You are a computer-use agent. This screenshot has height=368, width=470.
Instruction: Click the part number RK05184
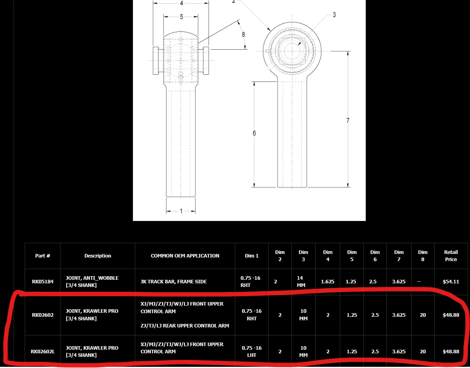pyautogui.click(x=43, y=281)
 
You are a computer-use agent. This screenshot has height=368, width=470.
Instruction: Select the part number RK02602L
pyautogui.click(x=43, y=352)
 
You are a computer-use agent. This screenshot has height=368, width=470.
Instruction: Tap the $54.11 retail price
pyautogui.click(x=451, y=281)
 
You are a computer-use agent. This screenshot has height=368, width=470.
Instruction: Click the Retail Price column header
pyautogui.click(x=451, y=256)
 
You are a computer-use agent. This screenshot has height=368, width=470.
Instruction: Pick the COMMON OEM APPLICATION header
pyautogui.click(x=185, y=256)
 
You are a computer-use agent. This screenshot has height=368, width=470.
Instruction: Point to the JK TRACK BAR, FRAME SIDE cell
pyautogui.click(x=174, y=281)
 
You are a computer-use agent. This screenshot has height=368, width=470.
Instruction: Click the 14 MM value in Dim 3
pyautogui.click(x=300, y=281)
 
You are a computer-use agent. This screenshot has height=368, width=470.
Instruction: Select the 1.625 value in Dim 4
pyautogui.click(x=327, y=281)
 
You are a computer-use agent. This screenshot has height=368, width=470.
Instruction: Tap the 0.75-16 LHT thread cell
pyautogui.click(x=252, y=352)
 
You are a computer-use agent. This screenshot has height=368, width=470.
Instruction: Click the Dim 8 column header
pyautogui.click(x=423, y=256)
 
